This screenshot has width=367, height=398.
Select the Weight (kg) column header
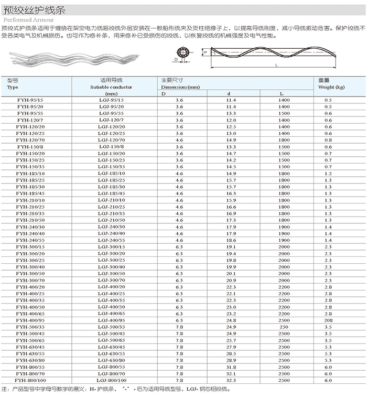(331, 87)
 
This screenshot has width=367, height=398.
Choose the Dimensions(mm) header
(181, 87)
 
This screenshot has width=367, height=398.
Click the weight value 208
(328, 320)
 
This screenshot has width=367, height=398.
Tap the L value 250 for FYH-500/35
(284, 327)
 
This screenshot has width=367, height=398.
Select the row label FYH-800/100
(30, 380)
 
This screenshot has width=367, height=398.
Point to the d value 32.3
(231, 380)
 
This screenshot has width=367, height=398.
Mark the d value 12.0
(231, 120)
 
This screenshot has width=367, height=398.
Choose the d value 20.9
(231, 280)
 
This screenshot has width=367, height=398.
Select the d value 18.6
(231, 240)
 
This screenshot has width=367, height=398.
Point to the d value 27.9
(231, 347)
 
